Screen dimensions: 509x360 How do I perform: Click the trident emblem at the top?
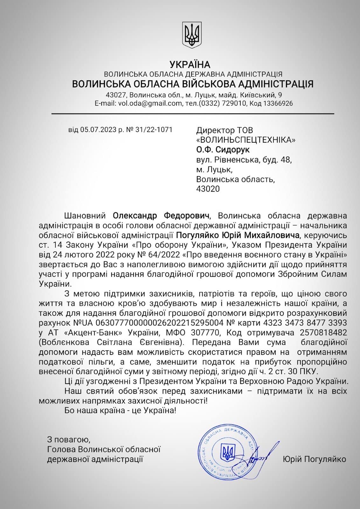pyautogui.click(x=192, y=35)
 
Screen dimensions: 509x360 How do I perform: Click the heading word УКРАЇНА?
pyautogui.click(x=190, y=65)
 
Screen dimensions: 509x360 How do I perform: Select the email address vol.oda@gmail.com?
pyautogui.click(x=149, y=103)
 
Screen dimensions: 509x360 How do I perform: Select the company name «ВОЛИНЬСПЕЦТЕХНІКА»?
pyautogui.click(x=246, y=140)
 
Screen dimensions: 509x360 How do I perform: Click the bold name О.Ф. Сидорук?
pyautogui.click(x=223, y=150)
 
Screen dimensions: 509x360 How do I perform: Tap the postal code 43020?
pyautogui.click(x=208, y=189)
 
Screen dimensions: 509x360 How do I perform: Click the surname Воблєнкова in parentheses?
pyautogui.click(x=66, y=342)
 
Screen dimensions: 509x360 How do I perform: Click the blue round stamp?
pyautogui.click(x=227, y=453)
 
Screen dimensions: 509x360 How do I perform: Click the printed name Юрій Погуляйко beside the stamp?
pyautogui.click(x=314, y=459)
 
